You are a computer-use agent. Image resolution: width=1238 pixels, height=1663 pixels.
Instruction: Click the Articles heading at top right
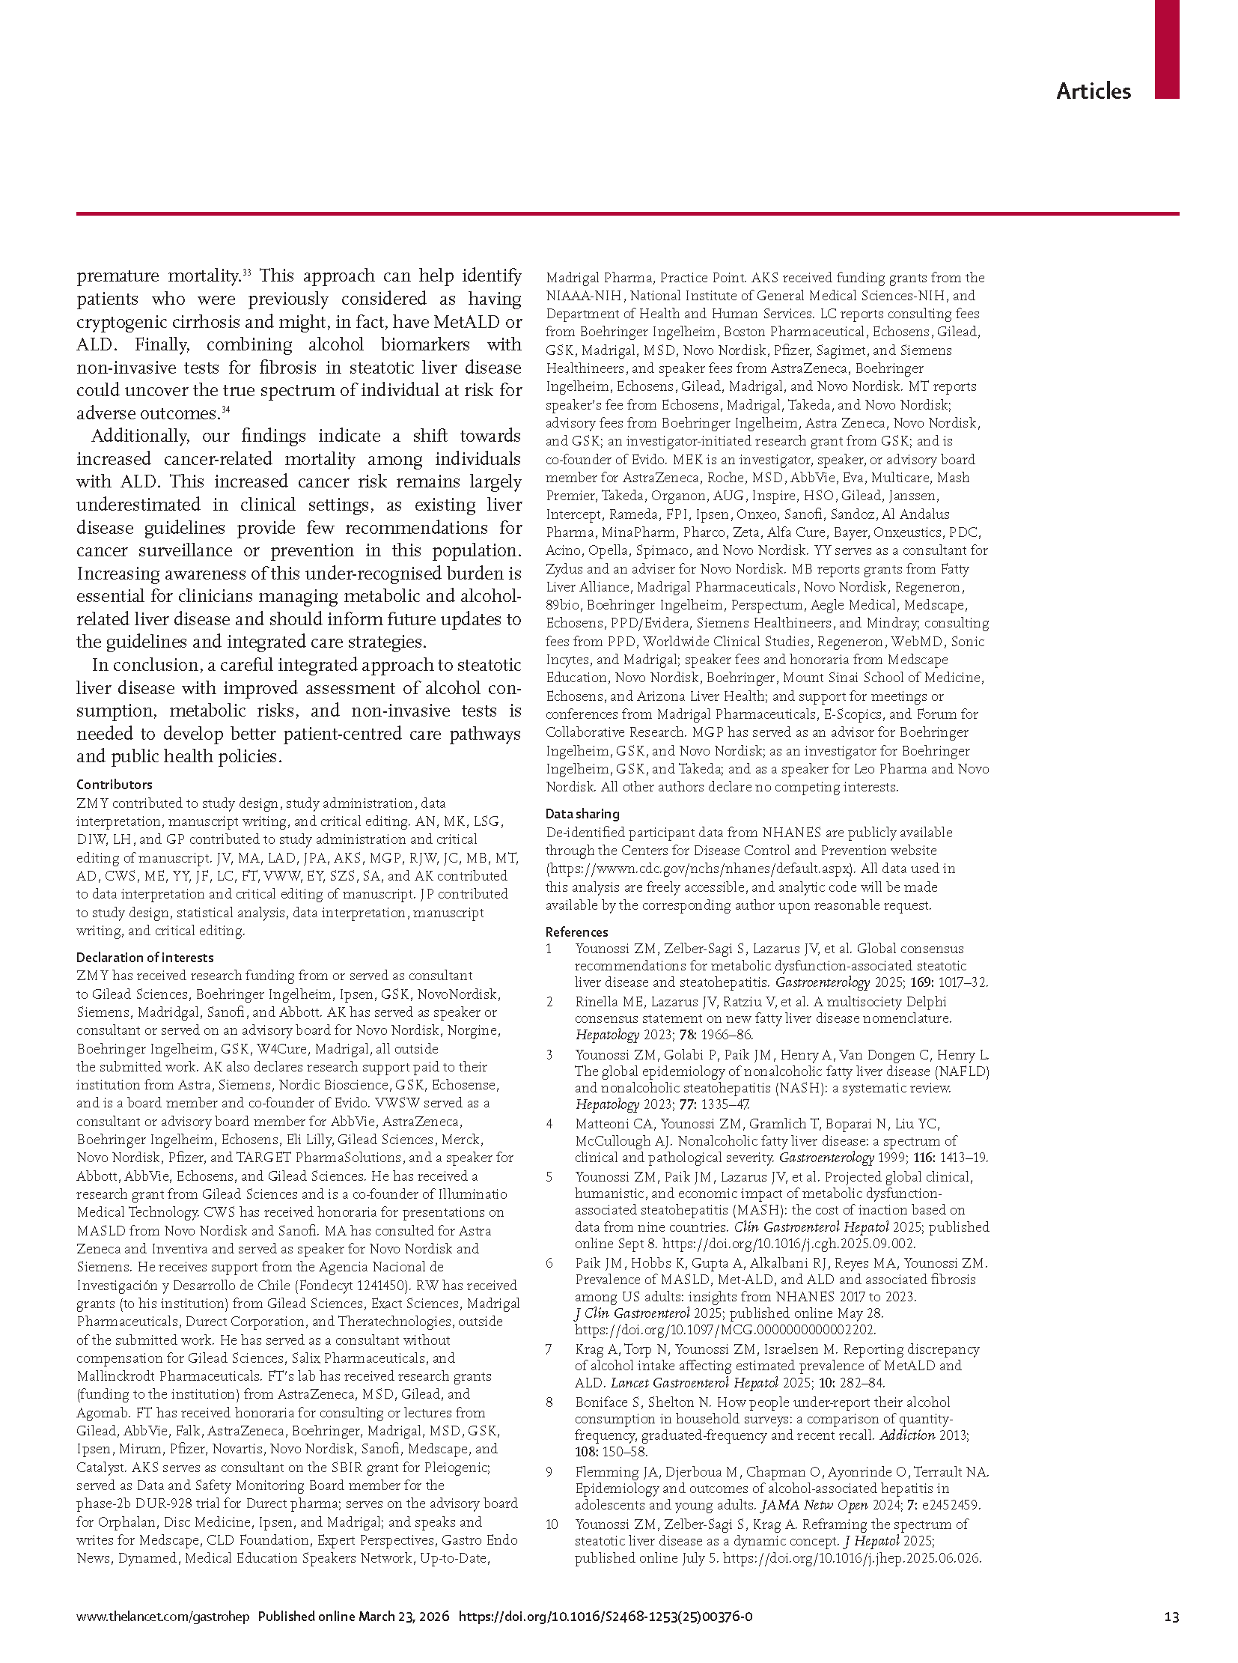[1093, 91]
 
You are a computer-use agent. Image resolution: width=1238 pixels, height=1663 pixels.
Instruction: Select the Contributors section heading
[114, 784]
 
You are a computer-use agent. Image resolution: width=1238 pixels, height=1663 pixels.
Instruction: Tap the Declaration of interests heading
[144, 958]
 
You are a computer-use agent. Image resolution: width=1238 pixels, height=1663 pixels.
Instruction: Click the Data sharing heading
[582, 813]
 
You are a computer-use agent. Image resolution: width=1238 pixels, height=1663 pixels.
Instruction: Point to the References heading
[576, 932]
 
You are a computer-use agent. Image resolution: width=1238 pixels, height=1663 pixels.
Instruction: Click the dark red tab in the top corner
[1167, 49]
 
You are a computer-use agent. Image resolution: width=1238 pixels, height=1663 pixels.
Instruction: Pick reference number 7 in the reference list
[549, 1349]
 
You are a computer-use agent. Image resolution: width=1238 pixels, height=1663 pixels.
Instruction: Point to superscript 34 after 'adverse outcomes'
[225, 410]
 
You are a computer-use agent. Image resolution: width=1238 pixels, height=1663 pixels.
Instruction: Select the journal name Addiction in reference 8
[906, 1436]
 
